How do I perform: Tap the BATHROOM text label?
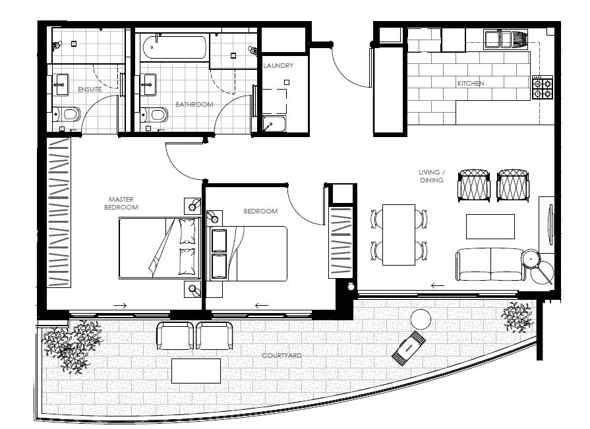194,104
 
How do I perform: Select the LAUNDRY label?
278,66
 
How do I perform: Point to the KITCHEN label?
471,84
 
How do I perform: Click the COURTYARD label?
281,356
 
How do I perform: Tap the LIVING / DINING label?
431,176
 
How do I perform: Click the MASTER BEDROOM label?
123,202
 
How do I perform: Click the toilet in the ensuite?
68,115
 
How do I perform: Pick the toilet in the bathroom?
156,116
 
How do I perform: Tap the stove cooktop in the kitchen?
542,88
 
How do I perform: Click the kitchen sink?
498,40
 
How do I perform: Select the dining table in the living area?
399,235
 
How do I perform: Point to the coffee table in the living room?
490,227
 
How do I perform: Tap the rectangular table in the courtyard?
196,370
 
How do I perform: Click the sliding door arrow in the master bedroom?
120,306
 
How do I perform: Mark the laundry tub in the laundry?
272,124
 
